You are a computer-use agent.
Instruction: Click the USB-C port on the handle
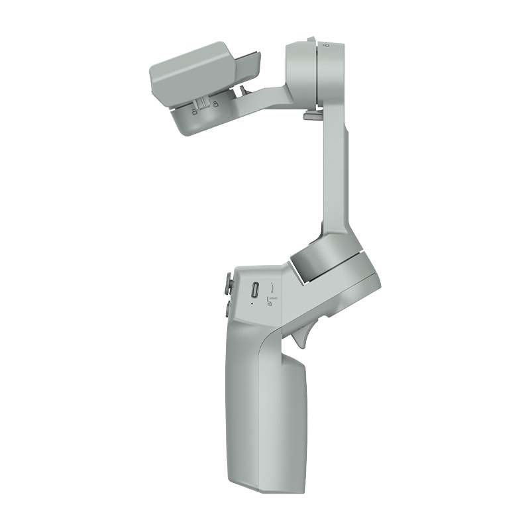click(x=255, y=291)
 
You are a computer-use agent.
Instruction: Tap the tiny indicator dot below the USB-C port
click(x=252, y=306)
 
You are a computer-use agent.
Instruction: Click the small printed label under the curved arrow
click(x=270, y=301)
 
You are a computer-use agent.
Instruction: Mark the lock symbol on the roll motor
click(x=325, y=45)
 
